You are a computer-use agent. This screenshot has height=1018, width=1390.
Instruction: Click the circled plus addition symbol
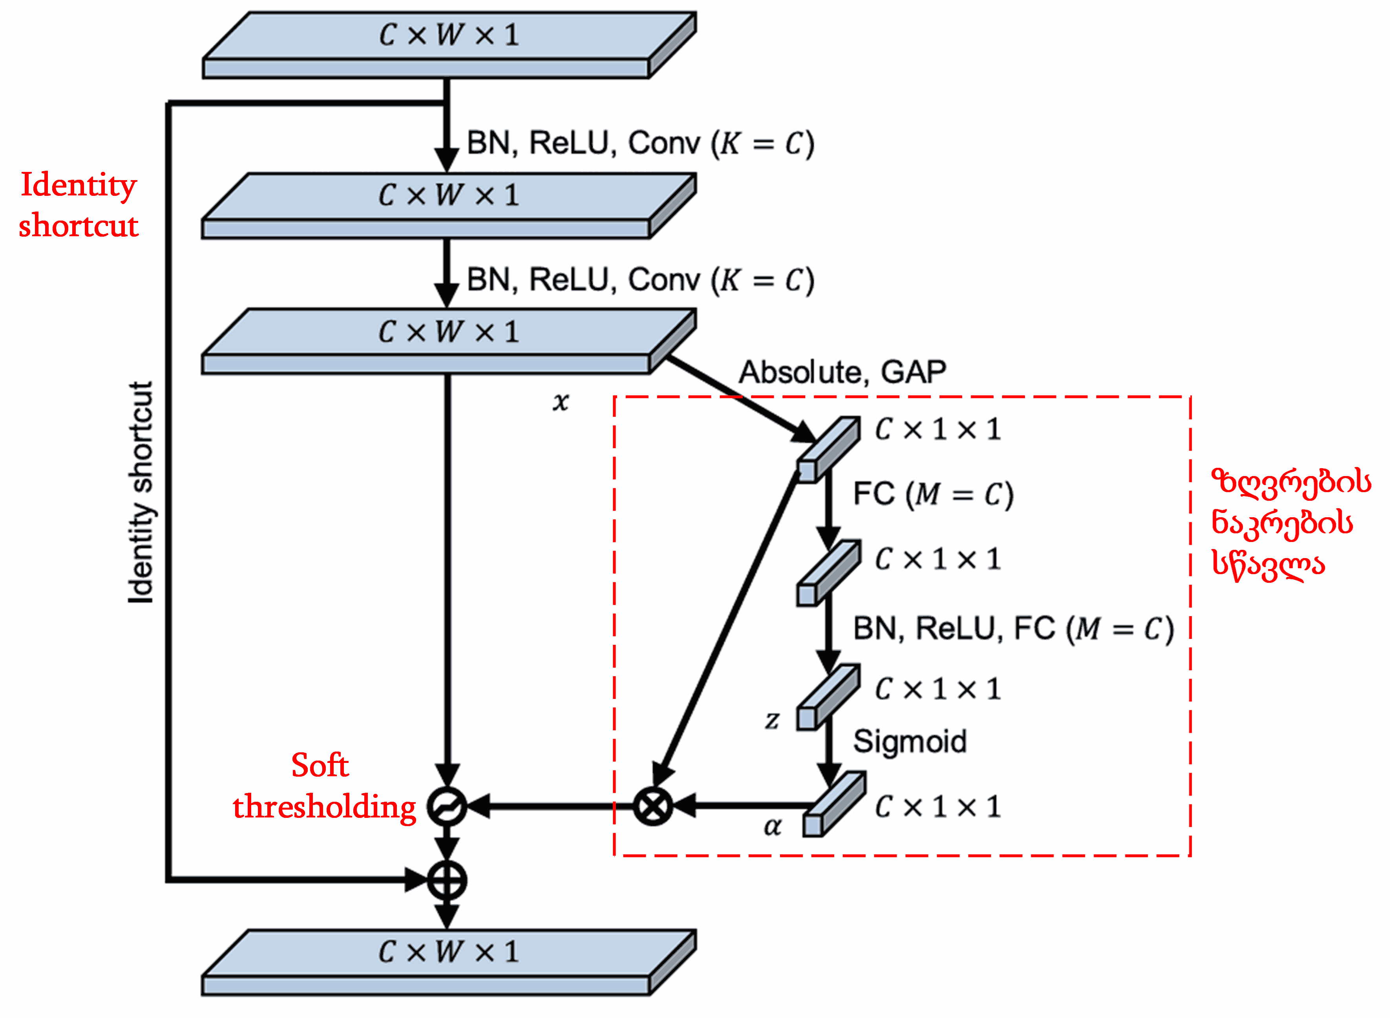(x=447, y=880)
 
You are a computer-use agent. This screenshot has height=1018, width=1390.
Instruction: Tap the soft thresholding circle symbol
(x=447, y=806)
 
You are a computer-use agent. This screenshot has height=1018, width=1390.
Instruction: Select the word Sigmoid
(x=909, y=741)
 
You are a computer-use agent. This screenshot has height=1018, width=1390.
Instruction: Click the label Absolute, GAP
(x=842, y=372)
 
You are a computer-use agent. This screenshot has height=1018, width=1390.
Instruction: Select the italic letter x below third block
(x=560, y=402)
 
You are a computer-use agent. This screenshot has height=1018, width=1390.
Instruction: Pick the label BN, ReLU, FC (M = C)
(x=1013, y=629)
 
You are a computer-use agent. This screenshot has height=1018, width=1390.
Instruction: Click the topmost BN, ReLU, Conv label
(x=640, y=144)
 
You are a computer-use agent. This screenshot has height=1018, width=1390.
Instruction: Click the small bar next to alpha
(x=833, y=805)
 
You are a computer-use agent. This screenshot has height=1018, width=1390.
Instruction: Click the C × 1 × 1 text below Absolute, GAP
(x=937, y=429)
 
